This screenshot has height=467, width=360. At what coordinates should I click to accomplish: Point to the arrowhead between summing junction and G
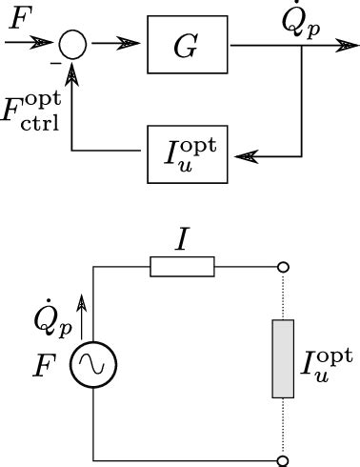pyautogui.click(x=130, y=45)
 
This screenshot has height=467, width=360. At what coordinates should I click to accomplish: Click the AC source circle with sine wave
pyautogui.click(x=94, y=363)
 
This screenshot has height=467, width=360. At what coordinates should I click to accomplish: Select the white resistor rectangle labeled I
pyautogui.click(x=182, y=268)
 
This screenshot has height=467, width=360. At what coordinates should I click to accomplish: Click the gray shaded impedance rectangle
pyautogui.click(x=283, y=358)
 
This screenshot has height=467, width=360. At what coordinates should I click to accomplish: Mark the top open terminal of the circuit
pyautogui.click(x=283, y=268)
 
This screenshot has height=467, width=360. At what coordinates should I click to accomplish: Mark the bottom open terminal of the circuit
pyautogui.click(x=283, y=460)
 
